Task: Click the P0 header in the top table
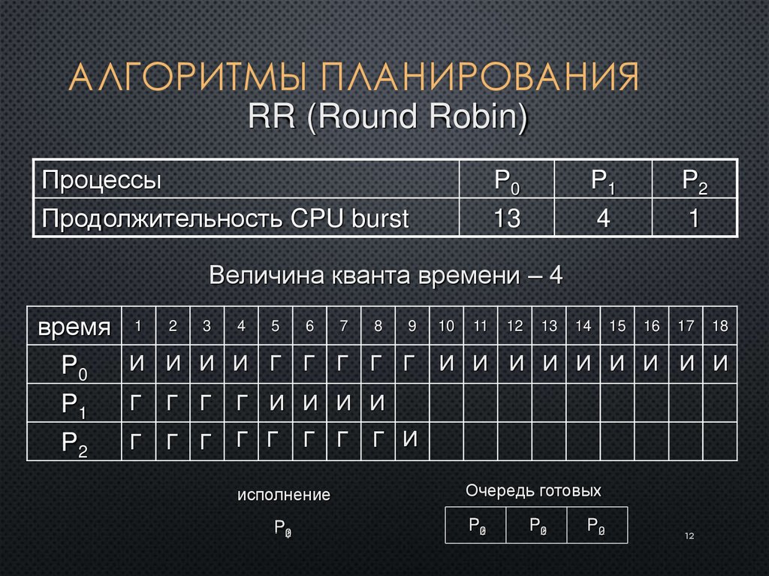(x=506, y=180)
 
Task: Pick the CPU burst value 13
(x=506, y=219)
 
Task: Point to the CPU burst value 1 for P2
(x=695, y=219)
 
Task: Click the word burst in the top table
(x=372, y=219)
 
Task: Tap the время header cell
(x=74, y=327)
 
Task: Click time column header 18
(x=720, y=326)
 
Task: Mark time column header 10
(x=446, y=326)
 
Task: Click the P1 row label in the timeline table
(x=74, y=406)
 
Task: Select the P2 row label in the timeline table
(x=74, y=445)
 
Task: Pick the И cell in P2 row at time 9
(x=410, y=439)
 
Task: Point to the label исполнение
(x=284, y=496)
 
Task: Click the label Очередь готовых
(x=533, y=491)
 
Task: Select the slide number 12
(x=689, y=535)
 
